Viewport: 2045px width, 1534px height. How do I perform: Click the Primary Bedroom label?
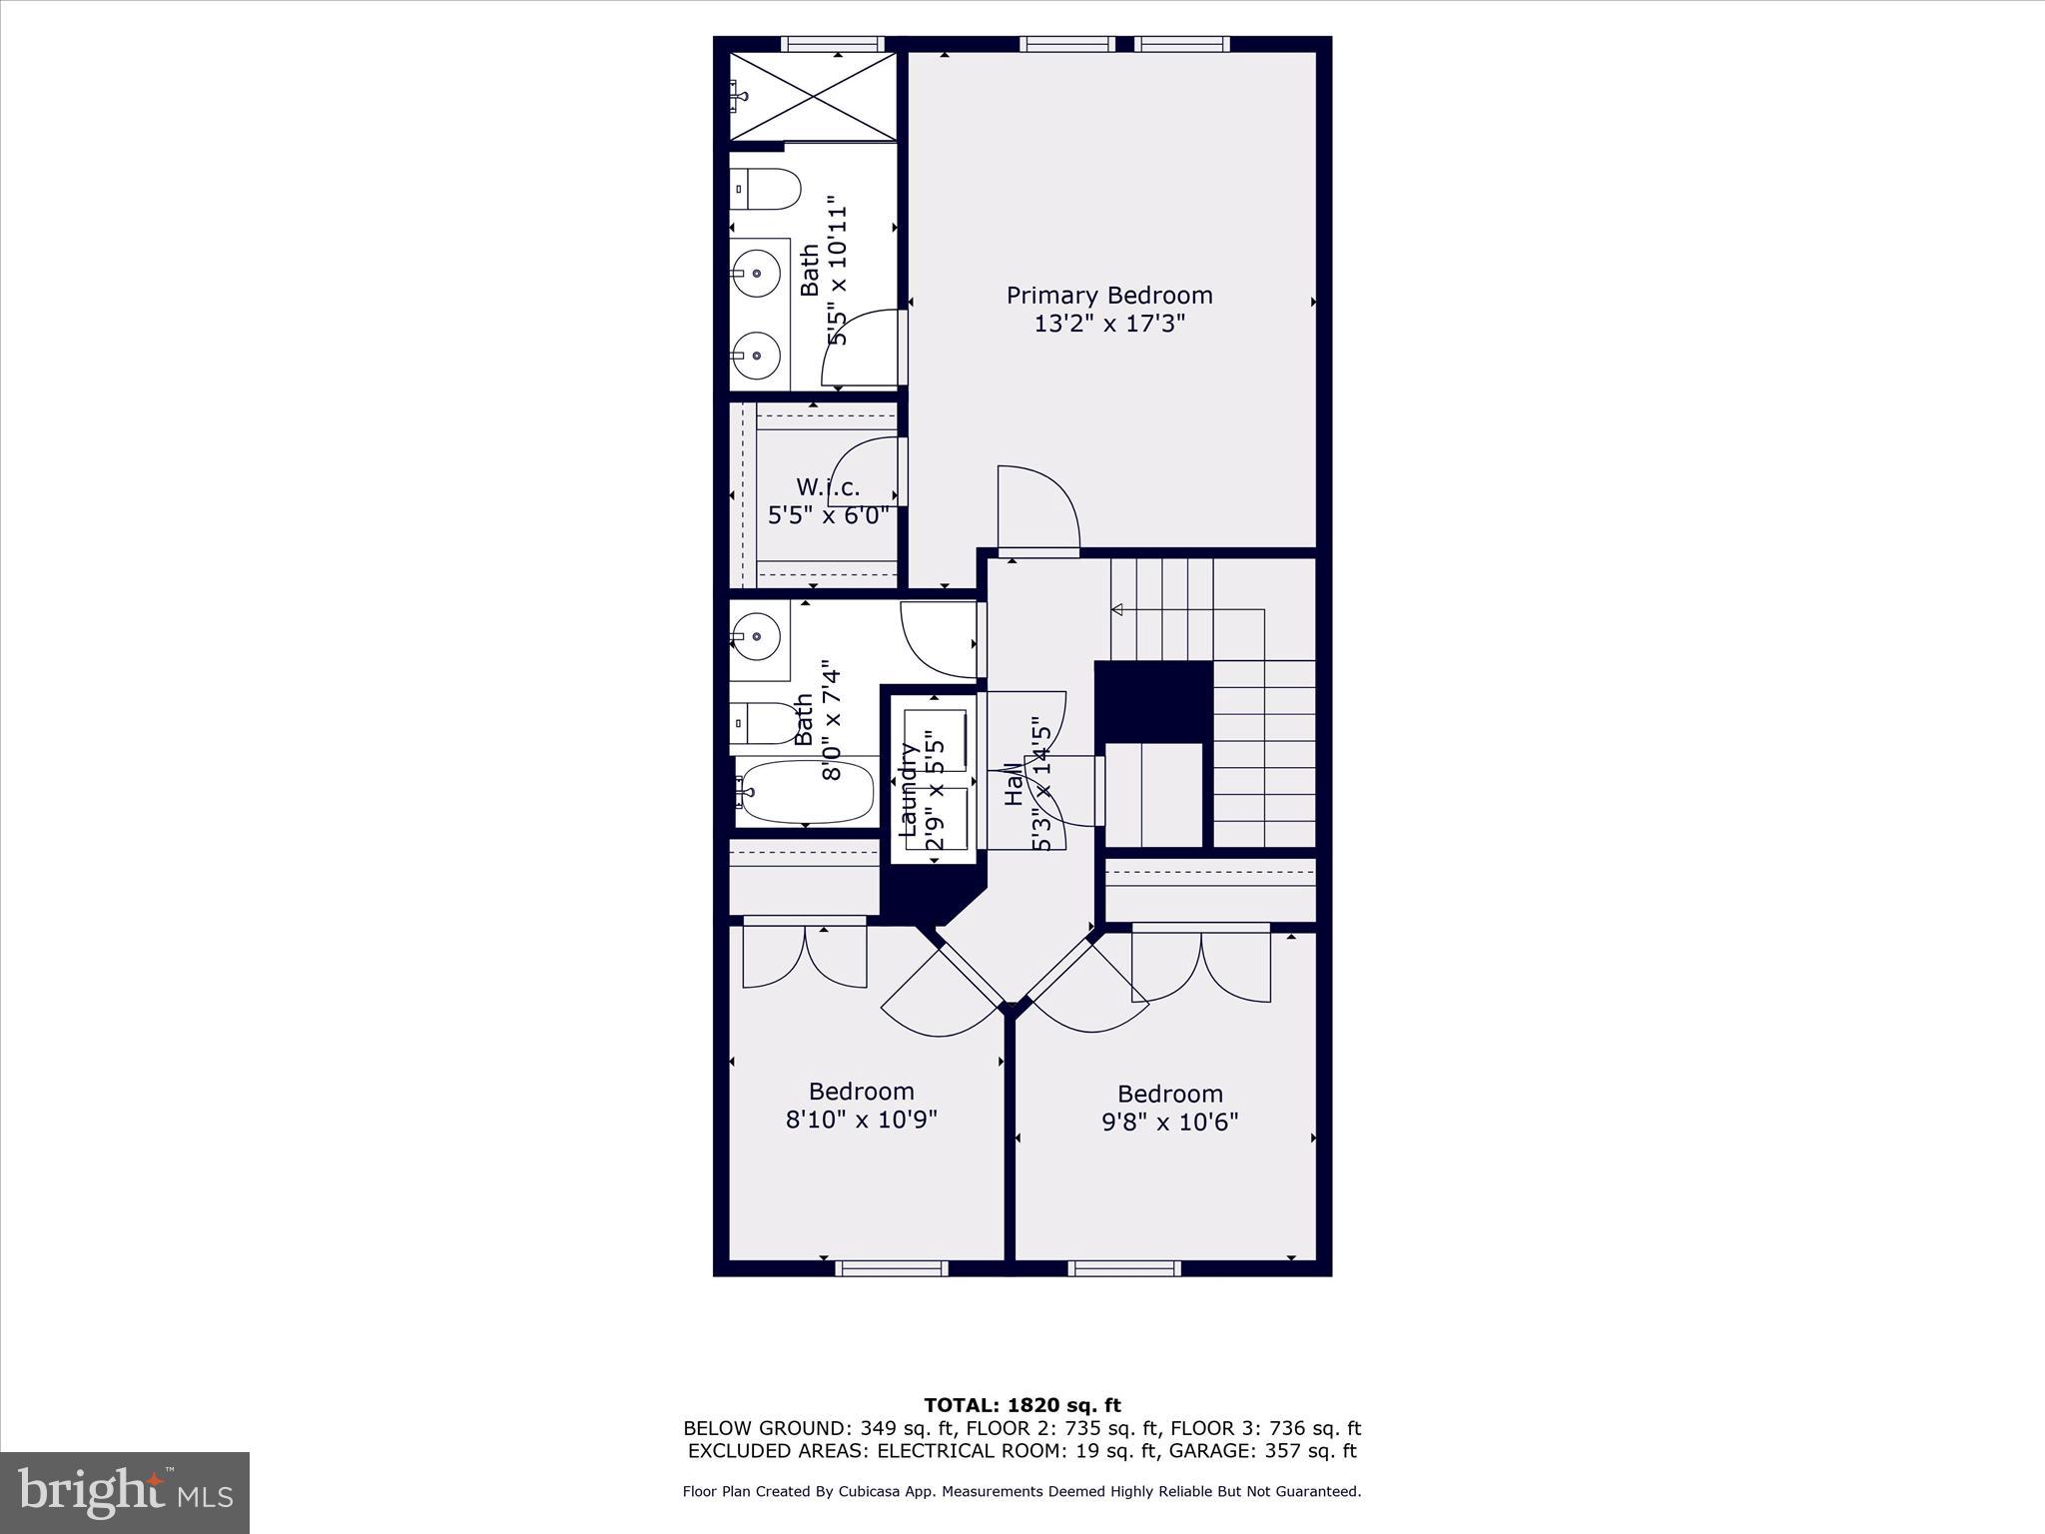click(1108, 296)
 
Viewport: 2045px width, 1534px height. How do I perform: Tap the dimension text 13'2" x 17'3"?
click(1108, 324)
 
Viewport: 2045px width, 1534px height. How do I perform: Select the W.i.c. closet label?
click(828, 487)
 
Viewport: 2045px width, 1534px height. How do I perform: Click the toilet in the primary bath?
click(767, 190)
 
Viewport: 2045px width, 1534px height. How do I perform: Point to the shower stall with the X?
click(813, 97)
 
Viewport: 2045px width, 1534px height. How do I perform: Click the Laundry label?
click(909, 789)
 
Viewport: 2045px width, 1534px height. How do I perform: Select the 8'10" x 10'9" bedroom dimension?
click(861, 1120)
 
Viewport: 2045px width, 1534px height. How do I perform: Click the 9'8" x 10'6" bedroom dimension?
click(1169, 1122)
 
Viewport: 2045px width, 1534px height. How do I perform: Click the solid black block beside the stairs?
click(1153, 701)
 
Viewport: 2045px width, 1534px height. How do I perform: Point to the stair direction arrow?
click(1117, 609)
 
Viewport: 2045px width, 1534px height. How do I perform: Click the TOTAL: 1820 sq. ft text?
click(1022, 1406)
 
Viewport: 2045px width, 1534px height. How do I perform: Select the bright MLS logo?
click(125, 1493)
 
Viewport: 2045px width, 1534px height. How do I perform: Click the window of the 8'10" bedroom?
click(891, 1268)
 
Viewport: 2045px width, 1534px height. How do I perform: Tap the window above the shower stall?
click(832, 44)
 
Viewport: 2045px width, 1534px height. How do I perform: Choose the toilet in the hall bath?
click(767, 723)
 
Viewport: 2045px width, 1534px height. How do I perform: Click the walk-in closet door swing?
click(867, 471)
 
